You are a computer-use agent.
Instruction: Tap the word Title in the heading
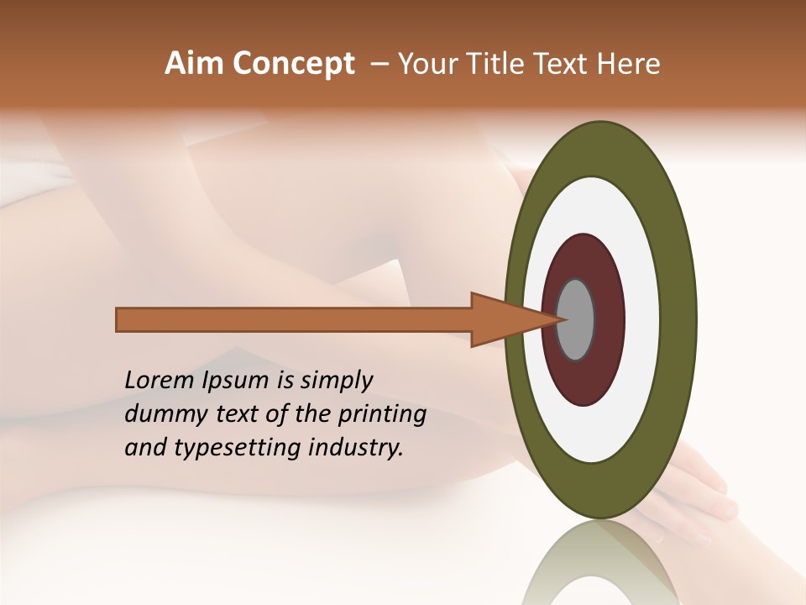(501, 64)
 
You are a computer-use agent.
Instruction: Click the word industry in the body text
(355, 448)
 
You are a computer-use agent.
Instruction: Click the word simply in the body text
(335, 381)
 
